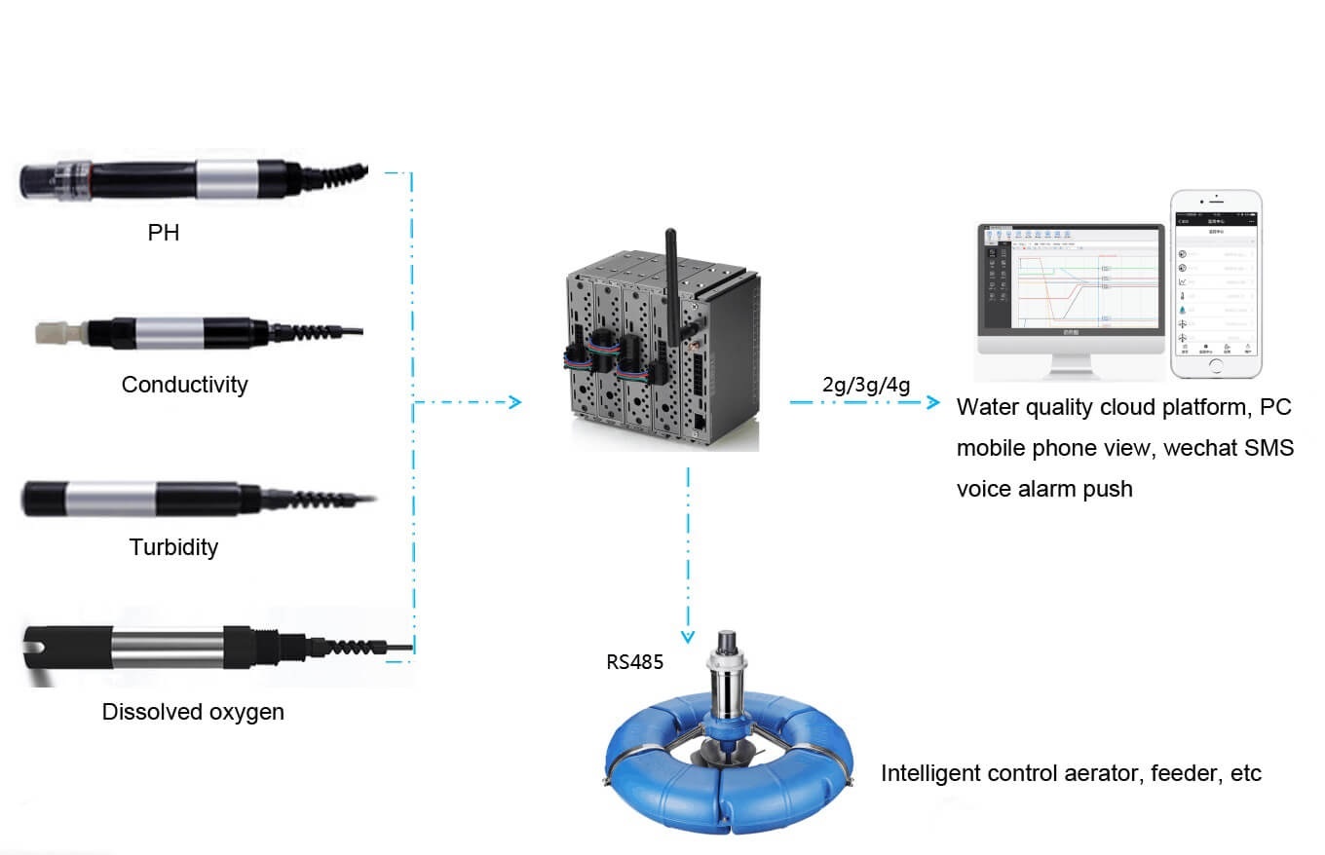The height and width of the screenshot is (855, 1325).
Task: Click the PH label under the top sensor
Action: tap(164, 233)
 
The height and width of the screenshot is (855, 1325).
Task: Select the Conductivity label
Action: tap(184, 385)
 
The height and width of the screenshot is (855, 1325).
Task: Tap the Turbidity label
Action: tap(173, 547)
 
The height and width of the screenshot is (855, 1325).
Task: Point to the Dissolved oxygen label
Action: tap(193, 712)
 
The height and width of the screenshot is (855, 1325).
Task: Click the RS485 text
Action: tap(634, 663)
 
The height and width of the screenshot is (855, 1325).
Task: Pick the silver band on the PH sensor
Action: tap(228, 179)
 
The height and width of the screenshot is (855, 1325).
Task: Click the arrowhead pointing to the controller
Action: tap(515, 402)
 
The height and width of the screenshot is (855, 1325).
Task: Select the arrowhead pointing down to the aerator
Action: tap(688, 635)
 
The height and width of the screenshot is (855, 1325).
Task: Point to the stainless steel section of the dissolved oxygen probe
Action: tap(169, 648)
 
